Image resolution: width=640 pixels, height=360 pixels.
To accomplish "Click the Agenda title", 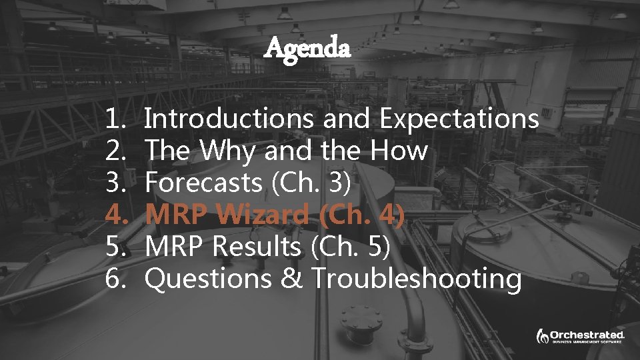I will pos(307,47).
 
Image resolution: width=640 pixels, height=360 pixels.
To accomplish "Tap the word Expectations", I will pos(459,119).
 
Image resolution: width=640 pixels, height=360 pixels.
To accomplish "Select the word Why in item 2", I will pos(226,151).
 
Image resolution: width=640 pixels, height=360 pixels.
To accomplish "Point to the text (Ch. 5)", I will pos(350,247).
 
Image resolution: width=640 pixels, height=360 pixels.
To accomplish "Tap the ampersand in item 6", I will pos(291,278).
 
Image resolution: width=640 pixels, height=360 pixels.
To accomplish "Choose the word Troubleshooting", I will pos(417,278).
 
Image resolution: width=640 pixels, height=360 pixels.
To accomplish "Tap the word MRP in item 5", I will pos(175,247).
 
